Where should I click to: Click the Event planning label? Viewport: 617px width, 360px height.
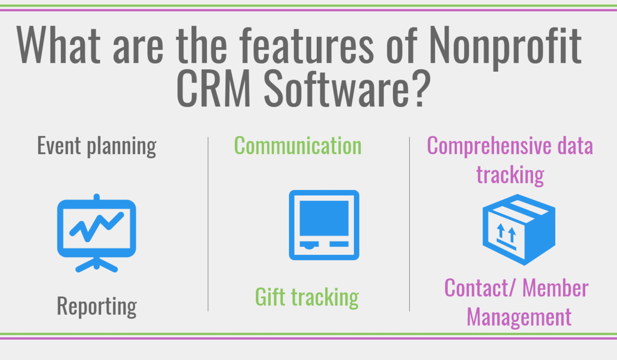tap(97, 146)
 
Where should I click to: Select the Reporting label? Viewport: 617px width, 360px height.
tap(97, 306)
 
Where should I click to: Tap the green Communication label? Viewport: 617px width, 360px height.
tap(297, 146)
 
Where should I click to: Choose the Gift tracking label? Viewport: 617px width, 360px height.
tap(307, 297)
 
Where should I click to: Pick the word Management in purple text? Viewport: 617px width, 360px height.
tap(519, 318)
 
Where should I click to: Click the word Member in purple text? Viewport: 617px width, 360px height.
tap(555, 288)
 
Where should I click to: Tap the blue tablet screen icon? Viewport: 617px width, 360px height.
tap(324, 225)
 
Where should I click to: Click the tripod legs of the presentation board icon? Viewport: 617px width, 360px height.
tap(97, 266)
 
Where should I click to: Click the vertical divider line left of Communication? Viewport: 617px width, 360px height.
tap(208, 224)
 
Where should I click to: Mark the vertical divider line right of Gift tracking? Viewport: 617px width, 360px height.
tap(409, 224)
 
